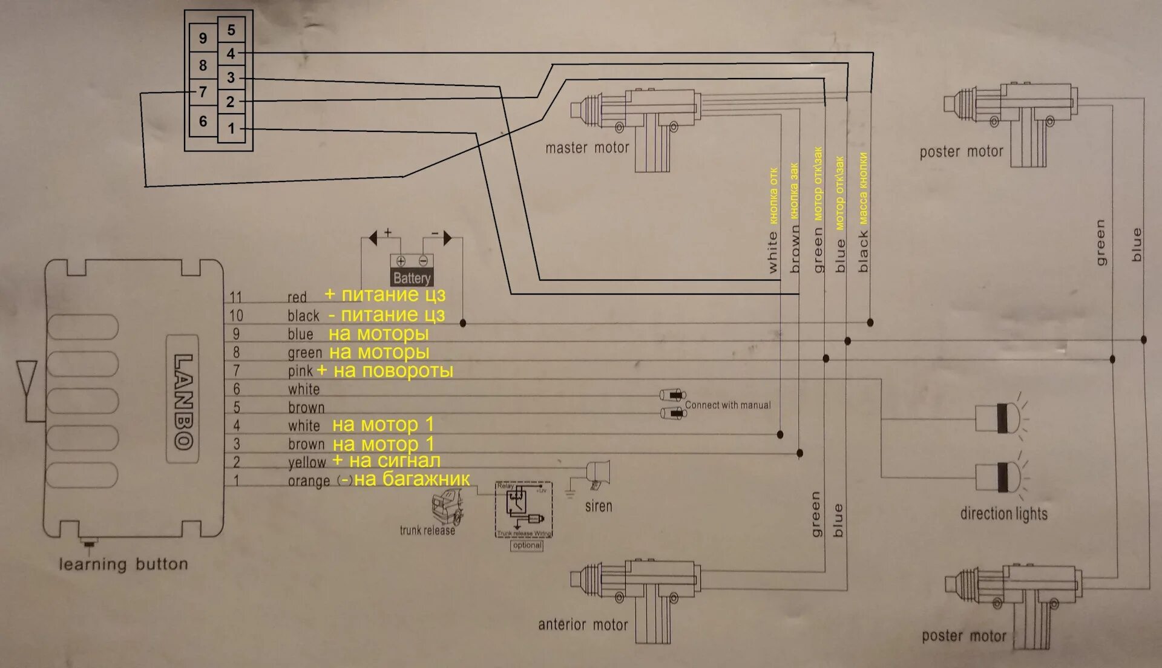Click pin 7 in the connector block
[x=203, y=92]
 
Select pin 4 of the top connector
[x=231, y=54]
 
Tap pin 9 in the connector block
[x=203, y=38]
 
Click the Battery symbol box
[x=412, y=270]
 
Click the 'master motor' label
[x=587, y=148]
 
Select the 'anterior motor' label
[x=583, y=624]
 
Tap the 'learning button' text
[x=123, y=565]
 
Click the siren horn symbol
[x=597, y=474]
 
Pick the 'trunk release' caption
[x=427, y=531]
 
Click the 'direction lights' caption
[x=1003, y=514]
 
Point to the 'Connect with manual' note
[x=727, y=405]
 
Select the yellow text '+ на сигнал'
[x=386, y=461]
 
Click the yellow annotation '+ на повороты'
[x=385, y=370]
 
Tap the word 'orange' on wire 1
[x=309, y=481]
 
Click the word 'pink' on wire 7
[x=300, y=371]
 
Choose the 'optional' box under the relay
[x=527, y=545]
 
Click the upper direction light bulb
[x=999, y=417]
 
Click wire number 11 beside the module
[x=236, y=297]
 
